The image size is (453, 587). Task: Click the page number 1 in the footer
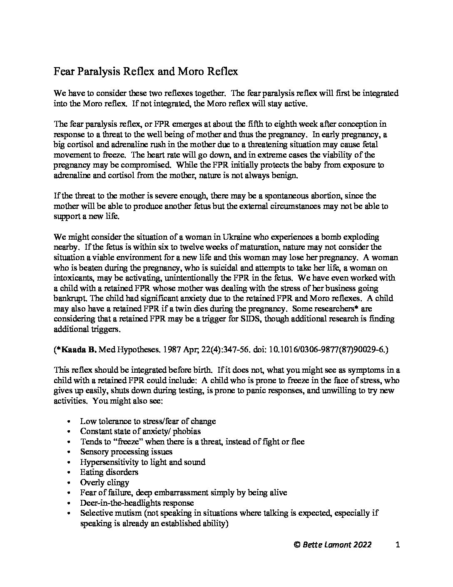coord(398,544)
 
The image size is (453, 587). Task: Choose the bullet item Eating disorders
coord(109,472)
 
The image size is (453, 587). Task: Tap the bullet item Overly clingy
coord(105,482)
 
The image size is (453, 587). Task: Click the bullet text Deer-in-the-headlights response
coord(137,503)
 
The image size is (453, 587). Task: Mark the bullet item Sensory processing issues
coord(126,452)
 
